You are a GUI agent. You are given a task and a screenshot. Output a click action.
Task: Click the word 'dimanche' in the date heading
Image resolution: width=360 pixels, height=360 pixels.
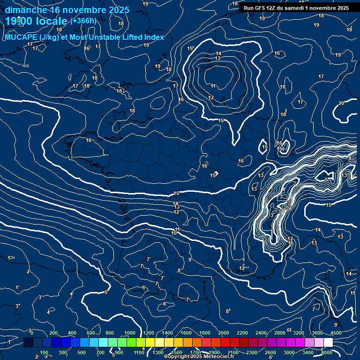(26, 10)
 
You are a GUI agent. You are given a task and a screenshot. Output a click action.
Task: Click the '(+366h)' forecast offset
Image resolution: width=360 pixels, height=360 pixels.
(83, 21)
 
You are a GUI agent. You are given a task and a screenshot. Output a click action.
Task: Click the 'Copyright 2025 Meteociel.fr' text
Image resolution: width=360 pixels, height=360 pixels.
(199, 357)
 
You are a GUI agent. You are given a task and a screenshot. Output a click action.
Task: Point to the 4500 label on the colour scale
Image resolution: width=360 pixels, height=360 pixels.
(336, 333)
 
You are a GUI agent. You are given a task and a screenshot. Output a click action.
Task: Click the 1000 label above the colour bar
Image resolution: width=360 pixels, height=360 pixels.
(130, 333)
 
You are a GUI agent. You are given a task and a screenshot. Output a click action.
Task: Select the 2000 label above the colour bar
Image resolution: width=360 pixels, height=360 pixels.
(224, 333)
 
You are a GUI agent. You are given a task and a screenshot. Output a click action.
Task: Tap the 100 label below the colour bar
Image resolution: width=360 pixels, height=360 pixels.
(44, 352)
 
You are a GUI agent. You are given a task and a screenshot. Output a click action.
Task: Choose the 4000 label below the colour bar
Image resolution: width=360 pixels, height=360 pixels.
(327, 352)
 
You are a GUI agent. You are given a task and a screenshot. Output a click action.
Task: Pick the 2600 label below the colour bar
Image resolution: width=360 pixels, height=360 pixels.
(270, 352)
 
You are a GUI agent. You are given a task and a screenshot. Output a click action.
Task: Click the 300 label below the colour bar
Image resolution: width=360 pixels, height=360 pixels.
(63, 352)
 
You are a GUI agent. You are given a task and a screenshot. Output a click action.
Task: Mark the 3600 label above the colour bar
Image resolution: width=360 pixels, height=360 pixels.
(317, 333)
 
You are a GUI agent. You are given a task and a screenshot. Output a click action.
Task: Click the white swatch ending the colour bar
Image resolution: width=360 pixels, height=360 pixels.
(328, 343)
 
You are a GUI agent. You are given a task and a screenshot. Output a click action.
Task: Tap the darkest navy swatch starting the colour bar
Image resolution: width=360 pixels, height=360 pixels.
(28, 343)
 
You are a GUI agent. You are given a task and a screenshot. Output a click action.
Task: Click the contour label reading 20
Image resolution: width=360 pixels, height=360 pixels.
(341, 103)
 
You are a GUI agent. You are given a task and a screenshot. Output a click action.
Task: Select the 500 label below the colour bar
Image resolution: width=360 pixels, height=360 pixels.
(82, 352)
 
